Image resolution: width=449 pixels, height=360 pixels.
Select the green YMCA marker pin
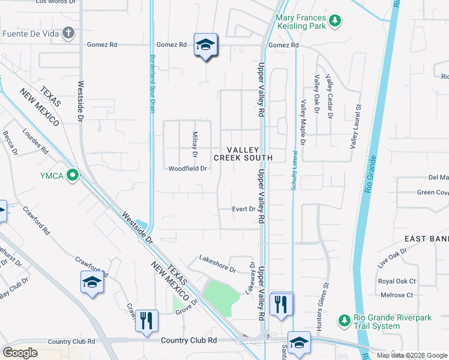click(x=73, y=175)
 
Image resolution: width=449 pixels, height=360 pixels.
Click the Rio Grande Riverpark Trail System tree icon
click(x=344, y=320)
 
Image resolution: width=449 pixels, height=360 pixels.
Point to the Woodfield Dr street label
click(x=187, y=169)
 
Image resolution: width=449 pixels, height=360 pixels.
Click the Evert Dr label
click(x=244, y=209)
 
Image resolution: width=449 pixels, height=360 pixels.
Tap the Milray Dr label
click(x=194, y=145)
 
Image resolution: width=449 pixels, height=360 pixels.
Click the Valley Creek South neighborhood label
click(x=243, y=154)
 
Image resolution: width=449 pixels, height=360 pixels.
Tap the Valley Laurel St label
click(x=354, y=127)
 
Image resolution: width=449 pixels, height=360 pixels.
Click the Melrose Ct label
click(x=397, y=295)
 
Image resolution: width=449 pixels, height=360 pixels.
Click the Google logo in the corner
click(x=20, y=353)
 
